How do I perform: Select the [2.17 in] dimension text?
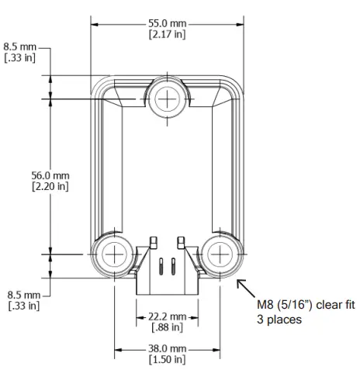tap(167, 35)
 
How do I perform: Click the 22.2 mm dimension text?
tap(167, 316)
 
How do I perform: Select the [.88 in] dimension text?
tap(167, 327)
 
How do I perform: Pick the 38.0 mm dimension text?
tap(167, 349)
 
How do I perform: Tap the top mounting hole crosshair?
tap(167, 99)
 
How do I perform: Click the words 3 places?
tap(280, 319)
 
